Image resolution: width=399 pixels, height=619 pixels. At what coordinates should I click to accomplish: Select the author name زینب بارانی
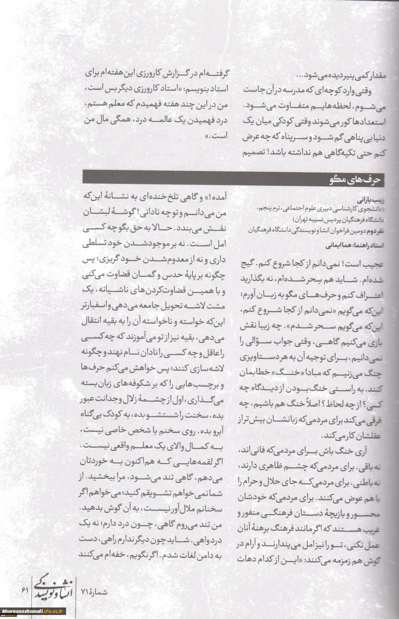point(372,200)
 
